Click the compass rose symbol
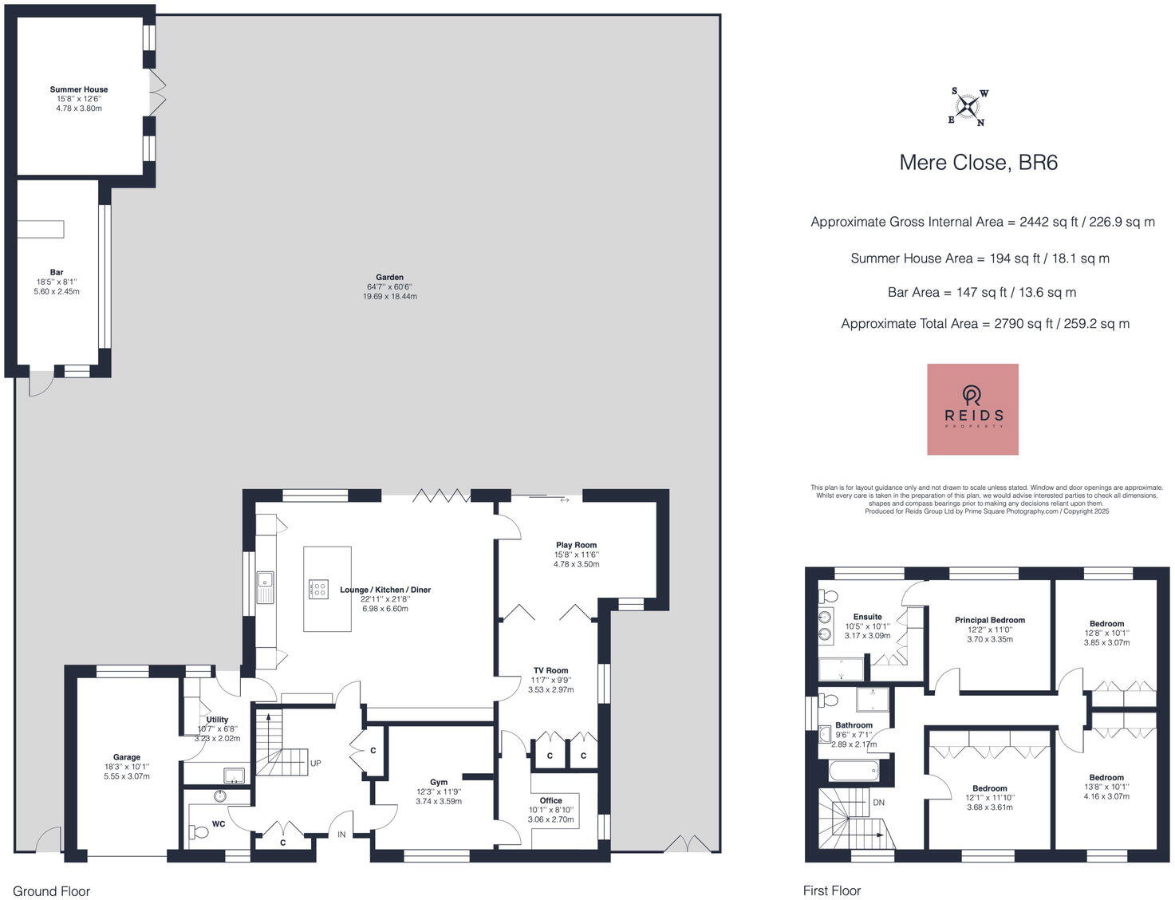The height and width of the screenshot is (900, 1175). tap(968, 107)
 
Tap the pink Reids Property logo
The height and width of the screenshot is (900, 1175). tap(972, 409)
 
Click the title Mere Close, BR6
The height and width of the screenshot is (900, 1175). tap(978, 163)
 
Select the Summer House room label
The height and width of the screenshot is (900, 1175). tap(79, 90)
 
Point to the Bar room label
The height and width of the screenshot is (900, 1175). tap(57, 273)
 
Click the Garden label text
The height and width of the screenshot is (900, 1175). tap(390, 278)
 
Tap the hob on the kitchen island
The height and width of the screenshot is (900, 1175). tap(318, 589)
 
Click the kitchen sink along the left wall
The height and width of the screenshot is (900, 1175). tap(265, 586)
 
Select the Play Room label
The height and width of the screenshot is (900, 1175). tap(576, 546)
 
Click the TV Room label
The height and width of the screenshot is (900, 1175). tap(551, 671)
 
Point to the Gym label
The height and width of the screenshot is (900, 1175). tap(439, 783)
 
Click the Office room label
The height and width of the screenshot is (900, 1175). tap(550, 800)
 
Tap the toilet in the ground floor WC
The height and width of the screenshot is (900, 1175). tap(199, 832)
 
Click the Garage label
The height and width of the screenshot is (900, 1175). tap(127, 757)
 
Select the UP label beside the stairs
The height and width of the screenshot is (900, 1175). tap(316, 764)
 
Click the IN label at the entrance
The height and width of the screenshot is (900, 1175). tap(341, 835)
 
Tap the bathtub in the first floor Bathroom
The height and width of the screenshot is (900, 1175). tap(854, 771)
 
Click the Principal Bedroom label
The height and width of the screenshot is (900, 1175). tap(990, 620)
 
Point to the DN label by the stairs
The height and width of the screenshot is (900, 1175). tap(878, 803)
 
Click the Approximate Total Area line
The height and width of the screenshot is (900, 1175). tap(985, 324)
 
